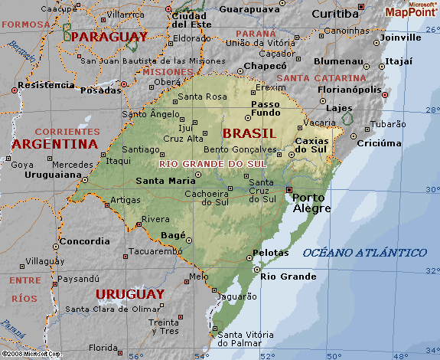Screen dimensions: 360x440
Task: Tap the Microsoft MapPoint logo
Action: (410, 9)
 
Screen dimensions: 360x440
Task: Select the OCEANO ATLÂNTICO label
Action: (364, 253)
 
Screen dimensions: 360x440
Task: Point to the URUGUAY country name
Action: (129, 294)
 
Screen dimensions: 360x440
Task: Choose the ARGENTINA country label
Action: (54, 143)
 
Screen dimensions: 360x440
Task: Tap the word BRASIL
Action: (248, 133)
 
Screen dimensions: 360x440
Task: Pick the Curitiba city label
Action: (335, 14)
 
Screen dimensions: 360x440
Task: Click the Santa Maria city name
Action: (161, 181)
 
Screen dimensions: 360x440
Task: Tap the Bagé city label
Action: (174, 236)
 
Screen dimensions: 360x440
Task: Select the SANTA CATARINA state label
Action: (321, 78)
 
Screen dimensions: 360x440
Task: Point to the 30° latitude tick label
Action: (432, 189)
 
